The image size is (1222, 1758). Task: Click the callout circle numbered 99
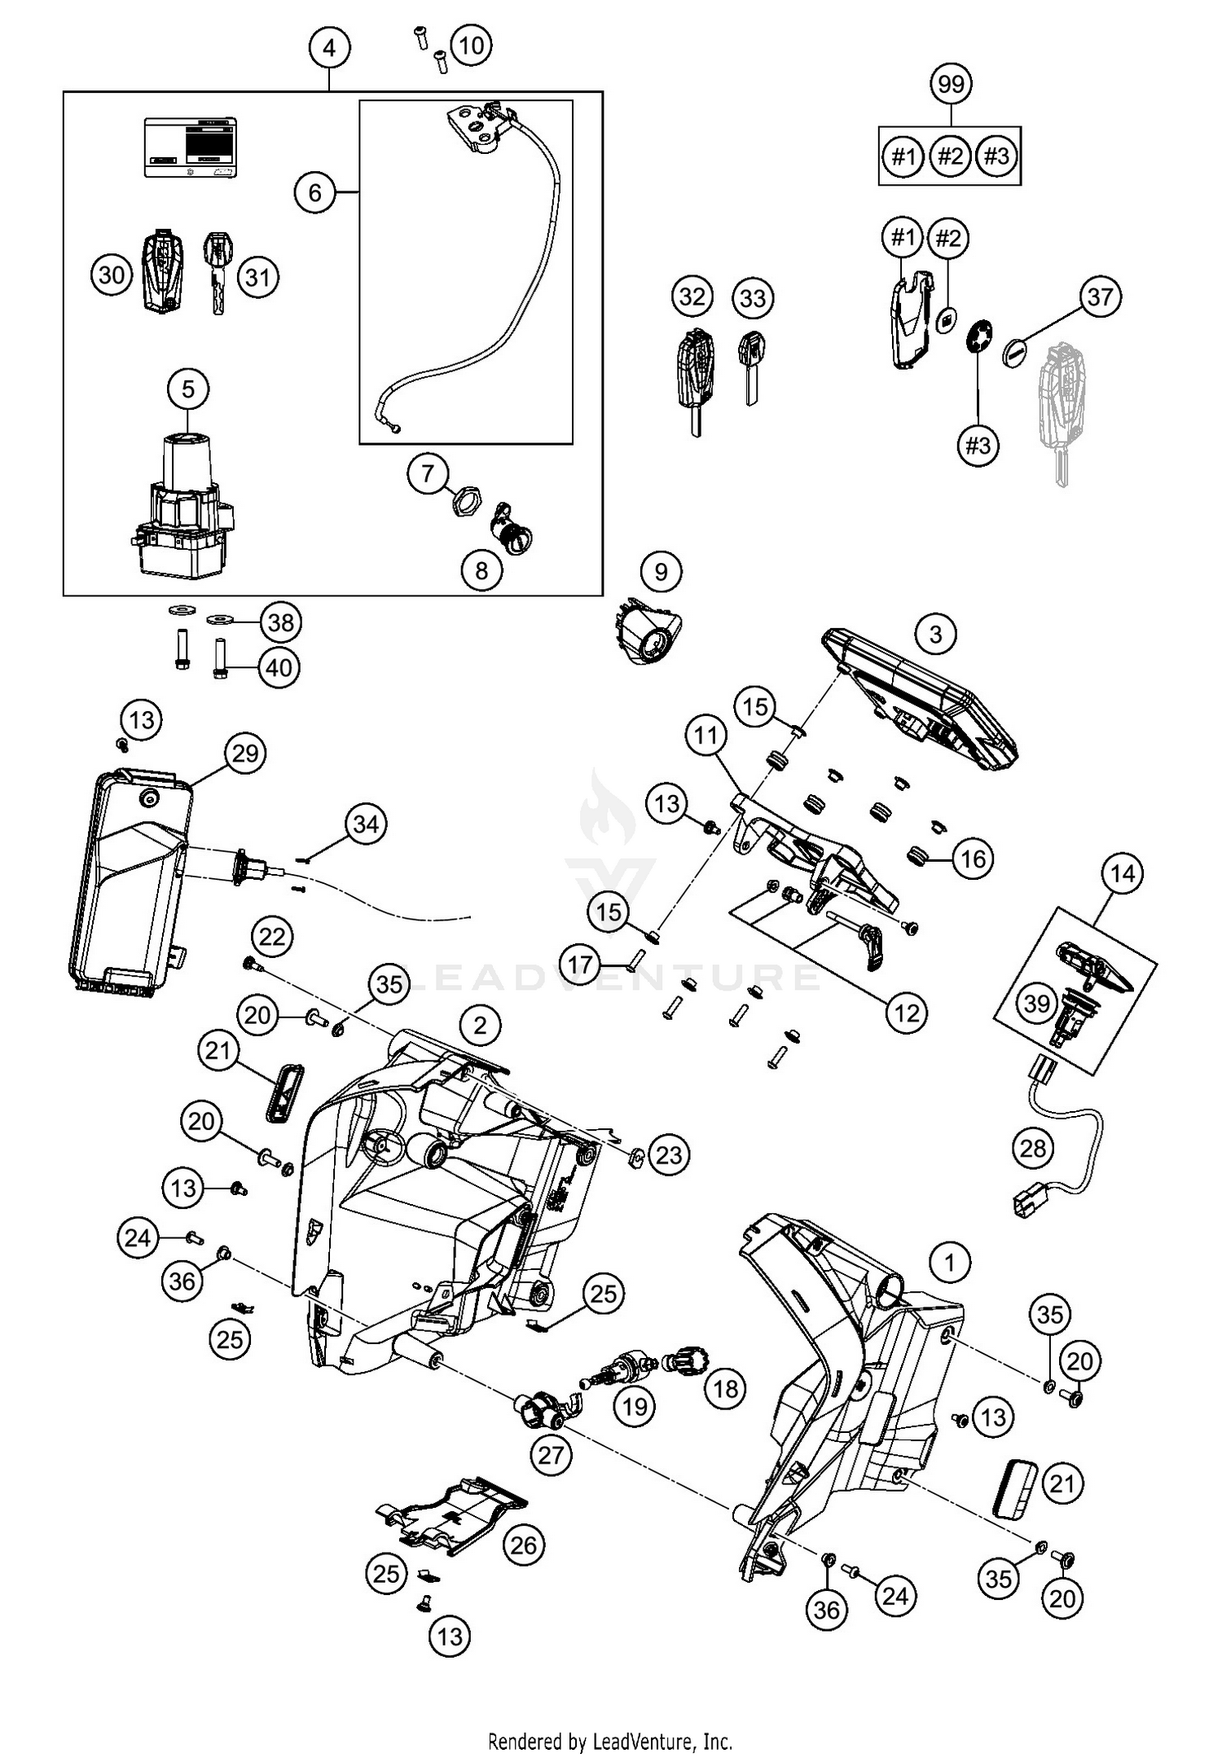(x=951, y=84)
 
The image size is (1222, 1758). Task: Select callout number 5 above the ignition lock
(x=188, y=389)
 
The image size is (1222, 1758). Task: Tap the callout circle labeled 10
(x=471, y=46)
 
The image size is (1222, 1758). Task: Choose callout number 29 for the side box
(x=244, y=754)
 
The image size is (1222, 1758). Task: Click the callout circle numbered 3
(x=935, y=634)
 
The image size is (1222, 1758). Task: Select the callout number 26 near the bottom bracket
(x=524, y=1545)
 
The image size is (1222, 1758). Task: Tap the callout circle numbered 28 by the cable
(x=1033, y=1149)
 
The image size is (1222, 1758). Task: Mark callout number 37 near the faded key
(x=1100, y=297)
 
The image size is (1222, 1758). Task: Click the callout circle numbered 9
(x=661, y=572)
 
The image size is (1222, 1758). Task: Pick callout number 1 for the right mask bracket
(x=949, y=1264)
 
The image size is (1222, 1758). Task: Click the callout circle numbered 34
(x=366, y=824)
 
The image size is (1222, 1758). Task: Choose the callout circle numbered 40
(x=279, y=668)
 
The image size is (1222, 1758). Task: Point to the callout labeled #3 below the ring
(x=978, y=445)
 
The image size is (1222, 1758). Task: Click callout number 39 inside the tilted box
(x=1037, y=1003)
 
